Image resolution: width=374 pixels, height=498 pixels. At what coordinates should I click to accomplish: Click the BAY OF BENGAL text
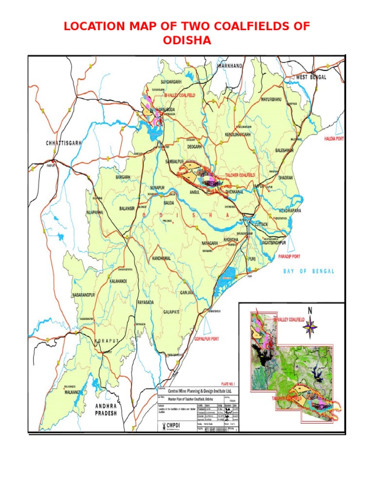click(309, 271)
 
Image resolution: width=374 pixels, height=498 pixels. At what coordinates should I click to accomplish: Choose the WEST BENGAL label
click(311, 77)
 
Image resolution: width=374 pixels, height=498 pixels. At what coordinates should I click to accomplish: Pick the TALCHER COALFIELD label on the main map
click(240, 175)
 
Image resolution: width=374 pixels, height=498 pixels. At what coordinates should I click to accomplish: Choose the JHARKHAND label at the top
click(230, 65)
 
